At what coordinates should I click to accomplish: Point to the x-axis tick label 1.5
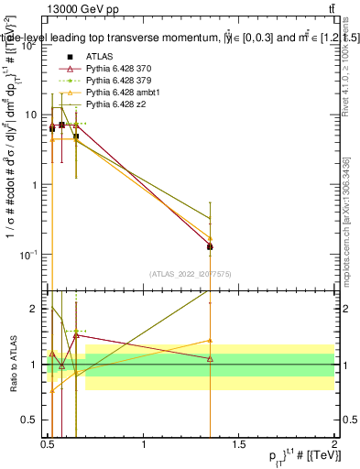239,444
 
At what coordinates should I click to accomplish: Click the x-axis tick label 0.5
48,444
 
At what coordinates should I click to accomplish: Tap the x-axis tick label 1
144,444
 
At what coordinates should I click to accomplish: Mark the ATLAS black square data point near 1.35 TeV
211,246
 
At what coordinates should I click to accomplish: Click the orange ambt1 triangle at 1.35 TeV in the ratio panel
211,341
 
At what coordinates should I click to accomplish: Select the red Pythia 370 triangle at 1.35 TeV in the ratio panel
211,358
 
